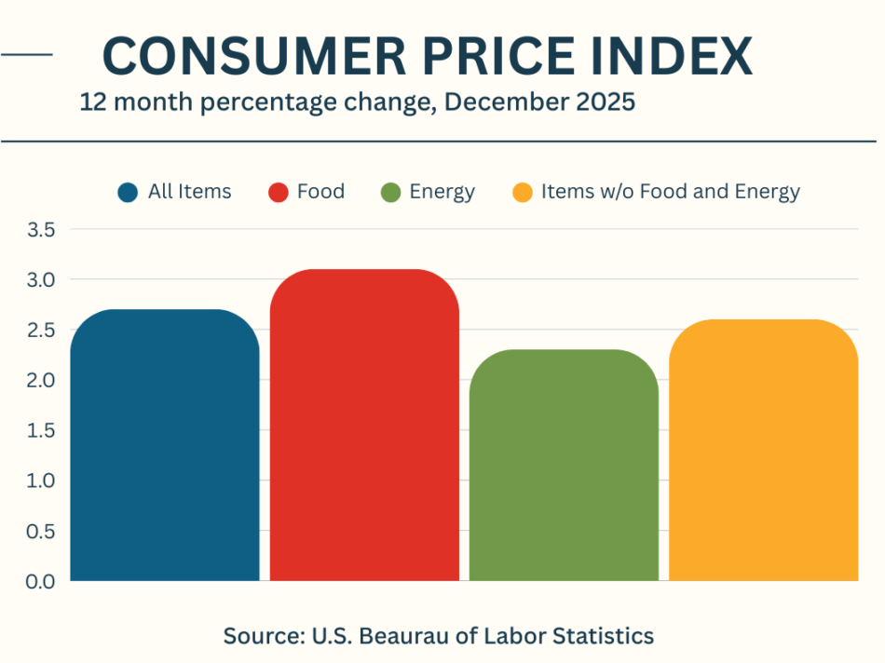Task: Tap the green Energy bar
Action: coord(564,466)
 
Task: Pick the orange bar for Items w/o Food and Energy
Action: coord(763,451)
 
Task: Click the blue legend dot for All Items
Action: coord(128,193)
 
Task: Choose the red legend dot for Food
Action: coord(278,193)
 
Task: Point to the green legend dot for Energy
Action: coord(390,193)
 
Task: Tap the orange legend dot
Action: coord(523,193)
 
